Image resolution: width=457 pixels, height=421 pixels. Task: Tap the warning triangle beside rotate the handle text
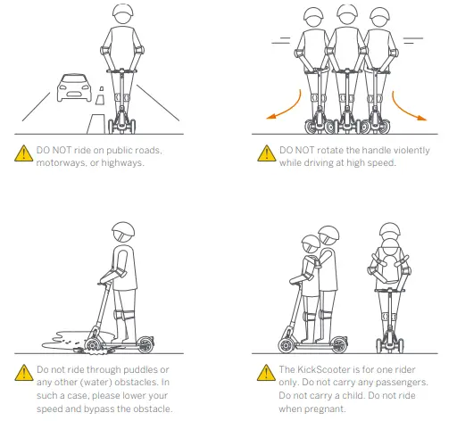point(265,154)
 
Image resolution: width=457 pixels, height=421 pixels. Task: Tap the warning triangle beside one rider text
point(265,374)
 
